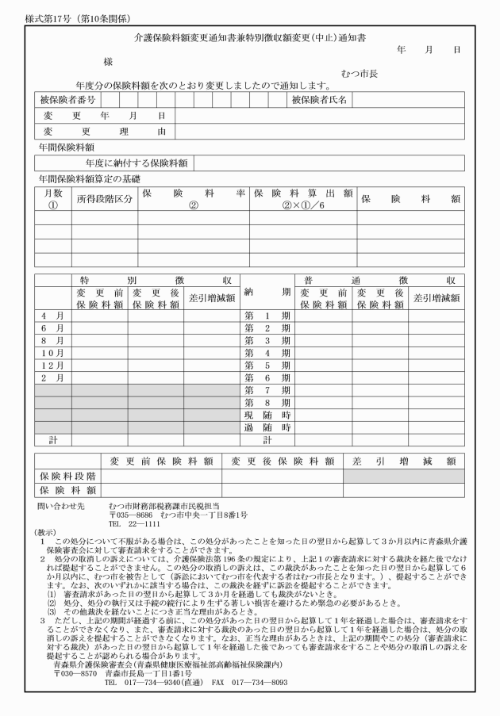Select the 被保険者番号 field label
click(x=67, y=100)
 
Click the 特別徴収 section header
click(x=156, y=280)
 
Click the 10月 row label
click(x=52, y=352)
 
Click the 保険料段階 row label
click(x=67, y=475)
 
